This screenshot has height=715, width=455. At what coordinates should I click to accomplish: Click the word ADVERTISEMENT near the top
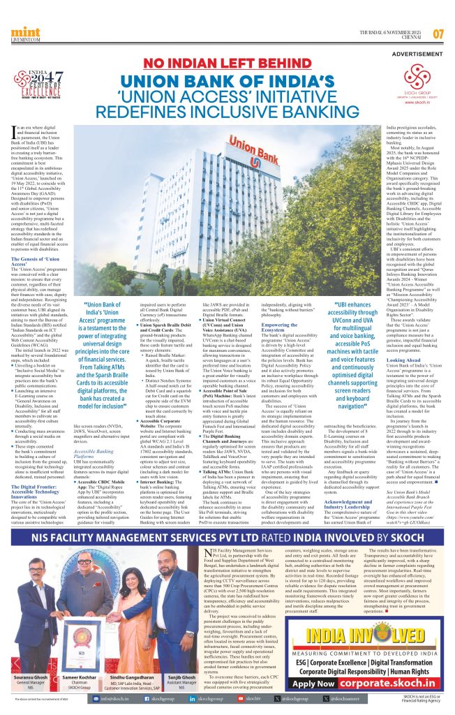418,54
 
